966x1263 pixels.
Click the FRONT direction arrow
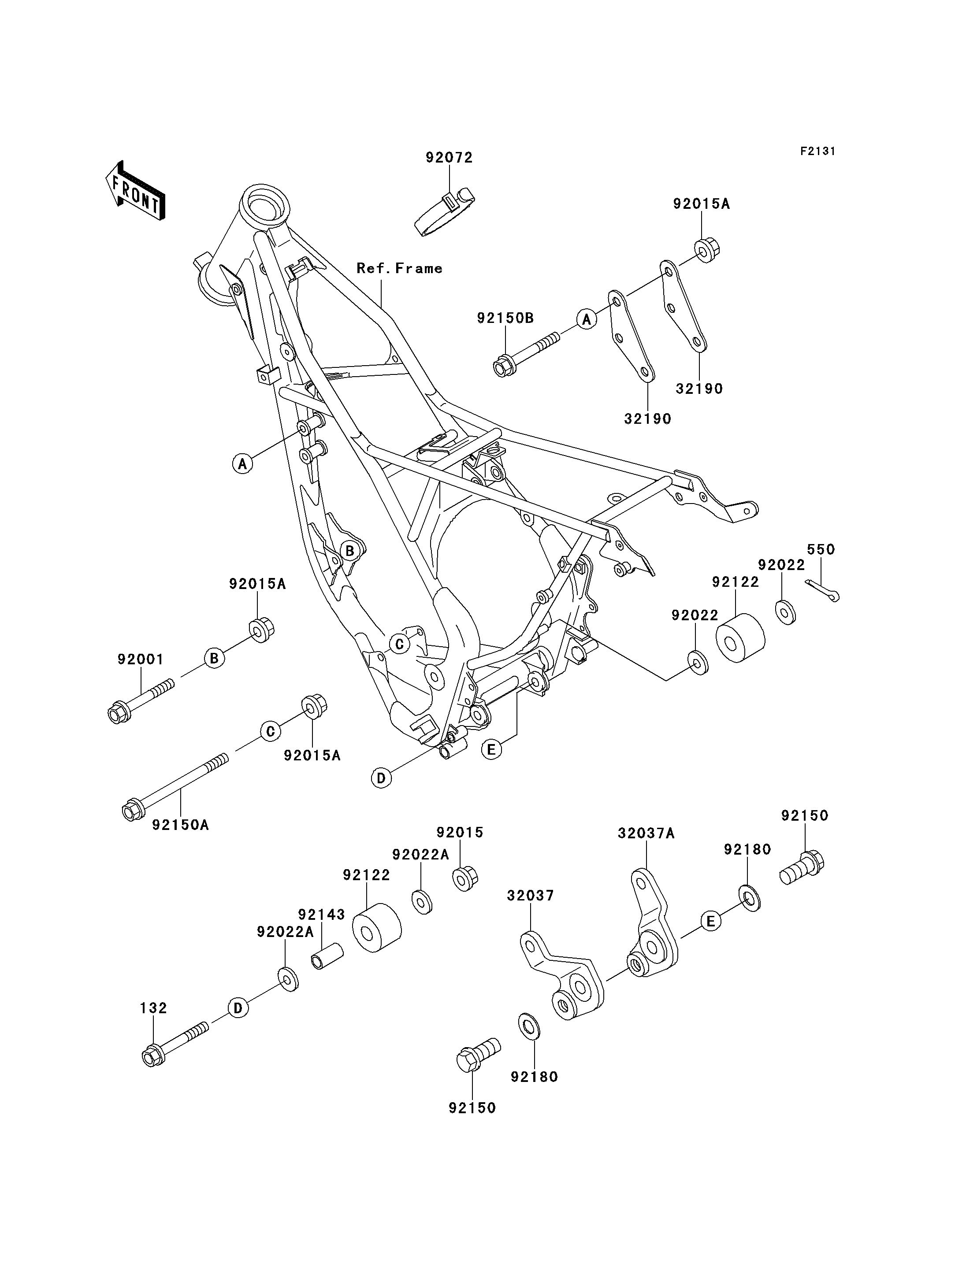[x=135, y=190]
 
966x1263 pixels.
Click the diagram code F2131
[x=817, y=151]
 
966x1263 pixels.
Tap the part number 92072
[x=449, y=158]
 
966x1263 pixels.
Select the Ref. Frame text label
[x=400, y=268]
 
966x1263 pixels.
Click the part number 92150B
[x=505, y=318]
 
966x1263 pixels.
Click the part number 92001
[x=141, y=659]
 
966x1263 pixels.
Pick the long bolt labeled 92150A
[x=175, y=787]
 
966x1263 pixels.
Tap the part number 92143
[x=321, y=914]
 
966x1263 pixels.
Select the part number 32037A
[x=646, y=833]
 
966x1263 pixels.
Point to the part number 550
[x=821, y=550]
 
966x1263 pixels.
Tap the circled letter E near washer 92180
[x=711, y=922]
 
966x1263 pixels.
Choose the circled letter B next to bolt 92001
[x=214, y=658]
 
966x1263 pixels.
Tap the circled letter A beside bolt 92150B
[x=587, y=319]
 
